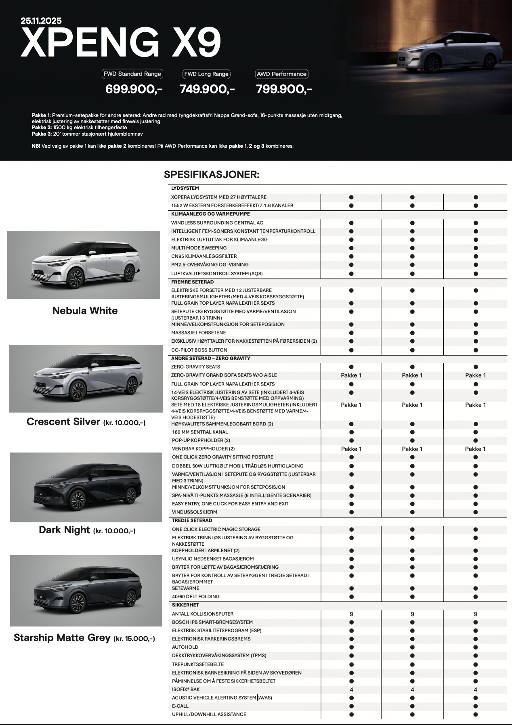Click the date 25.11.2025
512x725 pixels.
(41, 21)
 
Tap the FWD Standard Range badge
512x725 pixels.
(132, 74)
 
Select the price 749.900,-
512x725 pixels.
(207, 89)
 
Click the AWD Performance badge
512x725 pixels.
(281, 74)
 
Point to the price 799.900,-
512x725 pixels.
(284, 89)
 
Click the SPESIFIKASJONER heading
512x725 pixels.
(211, 175)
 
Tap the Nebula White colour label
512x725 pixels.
(85, 311)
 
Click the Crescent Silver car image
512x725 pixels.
(86, 378)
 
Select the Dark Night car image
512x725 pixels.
(86, 487)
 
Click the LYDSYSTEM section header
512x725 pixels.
(185, 188)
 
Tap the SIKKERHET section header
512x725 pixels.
(185, 605)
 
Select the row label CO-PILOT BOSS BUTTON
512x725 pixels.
(199, 350)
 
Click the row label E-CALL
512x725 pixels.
(180, 706)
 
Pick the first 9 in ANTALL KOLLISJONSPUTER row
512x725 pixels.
(351, 614)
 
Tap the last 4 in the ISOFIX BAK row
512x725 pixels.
(475, 689)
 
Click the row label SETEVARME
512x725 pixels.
(185, 588)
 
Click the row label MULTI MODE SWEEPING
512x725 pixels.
(199, 248)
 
